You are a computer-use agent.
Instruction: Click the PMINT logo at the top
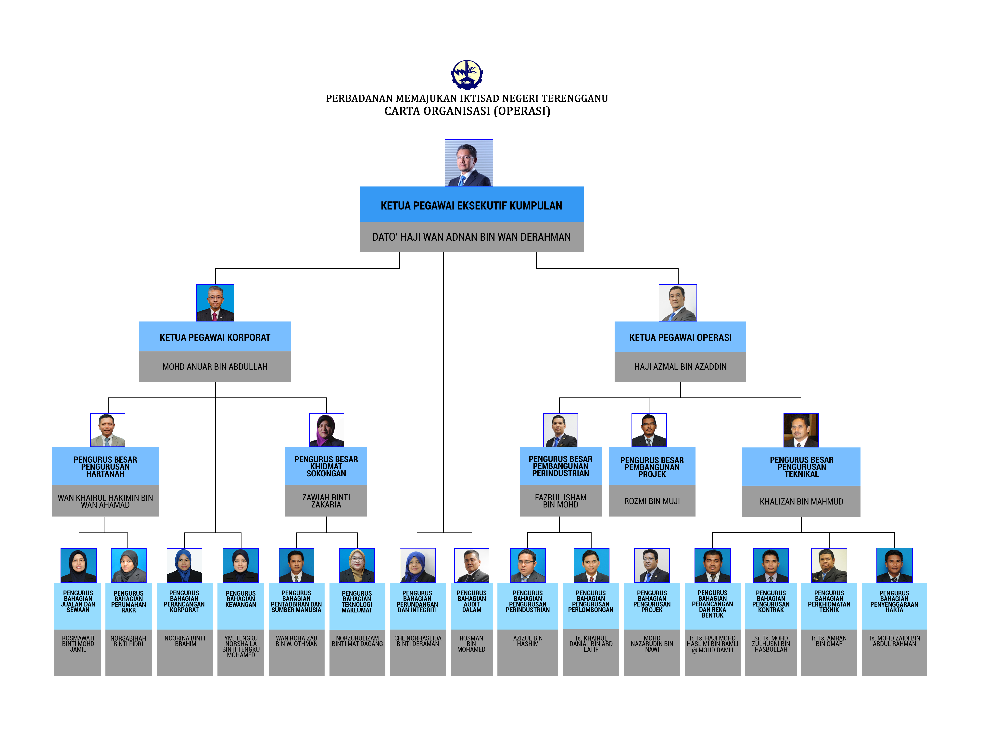coord(467,74)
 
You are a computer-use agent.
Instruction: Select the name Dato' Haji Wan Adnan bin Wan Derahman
coord(471,237)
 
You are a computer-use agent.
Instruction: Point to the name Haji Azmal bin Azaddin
coord(680,367)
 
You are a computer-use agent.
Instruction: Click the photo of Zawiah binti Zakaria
coord(326,430)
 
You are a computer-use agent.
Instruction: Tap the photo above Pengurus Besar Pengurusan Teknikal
coord(801,430)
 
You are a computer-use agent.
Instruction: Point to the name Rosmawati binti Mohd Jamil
coord(78,644)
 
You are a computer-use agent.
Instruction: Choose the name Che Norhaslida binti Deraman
coord(418,641)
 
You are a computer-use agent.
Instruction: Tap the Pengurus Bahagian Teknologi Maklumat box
coord(357,606)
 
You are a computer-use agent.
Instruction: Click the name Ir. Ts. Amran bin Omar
coord(829,641)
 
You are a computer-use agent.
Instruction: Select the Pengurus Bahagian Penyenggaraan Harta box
coord(894,606)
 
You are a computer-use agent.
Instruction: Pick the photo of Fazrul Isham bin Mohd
coord(560,430)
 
